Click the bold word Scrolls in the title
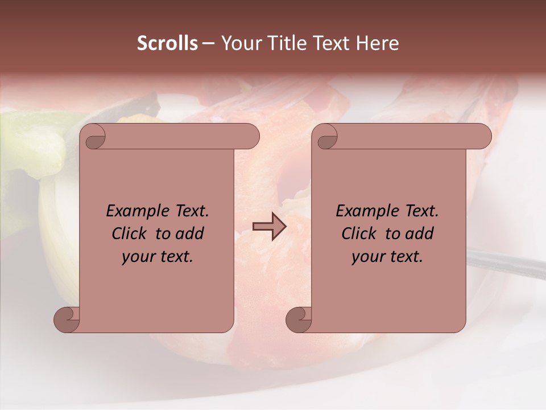point(167,43)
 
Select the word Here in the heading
point(377,43)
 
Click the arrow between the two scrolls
point(270,227)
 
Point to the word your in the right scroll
point(365,257)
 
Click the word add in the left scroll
point(191,233)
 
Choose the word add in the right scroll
point(420,233)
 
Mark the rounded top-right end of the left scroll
point(250,137)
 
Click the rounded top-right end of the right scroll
point(482,137)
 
